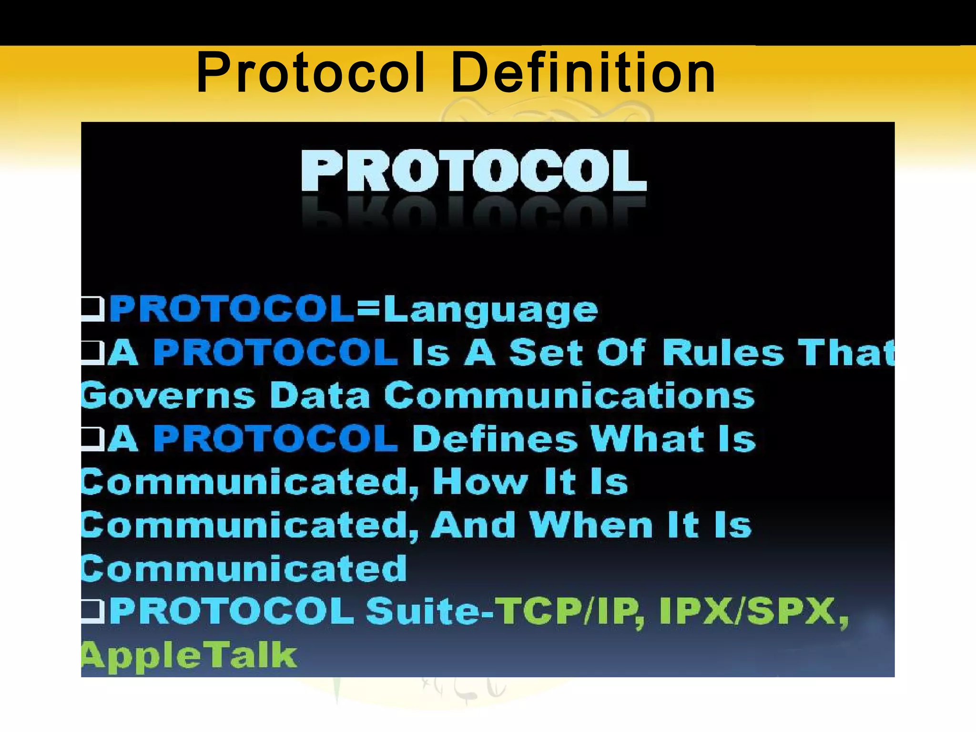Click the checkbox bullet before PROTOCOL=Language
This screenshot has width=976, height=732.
coord(92,308)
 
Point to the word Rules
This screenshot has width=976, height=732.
coord(722,353)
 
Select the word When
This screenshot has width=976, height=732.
coord(591,525)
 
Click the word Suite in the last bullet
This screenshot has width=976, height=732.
coord(424,611)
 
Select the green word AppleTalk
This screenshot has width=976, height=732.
coord(189,655)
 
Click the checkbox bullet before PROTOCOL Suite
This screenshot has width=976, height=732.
coord(92,610)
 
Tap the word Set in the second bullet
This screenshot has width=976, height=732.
coord(546,353)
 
